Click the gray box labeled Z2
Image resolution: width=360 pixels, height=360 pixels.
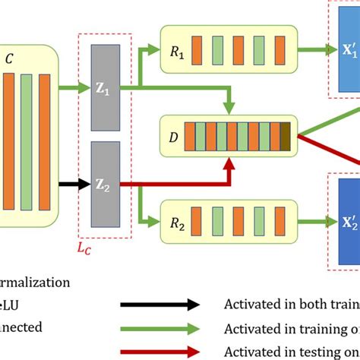(105, 182)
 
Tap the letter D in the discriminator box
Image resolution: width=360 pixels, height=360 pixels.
(173, 137)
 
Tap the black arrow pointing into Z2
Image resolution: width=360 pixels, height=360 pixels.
(71, 182)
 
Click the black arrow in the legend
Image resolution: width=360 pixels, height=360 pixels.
(159, 305)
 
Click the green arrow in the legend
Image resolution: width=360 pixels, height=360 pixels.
(159, 327)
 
